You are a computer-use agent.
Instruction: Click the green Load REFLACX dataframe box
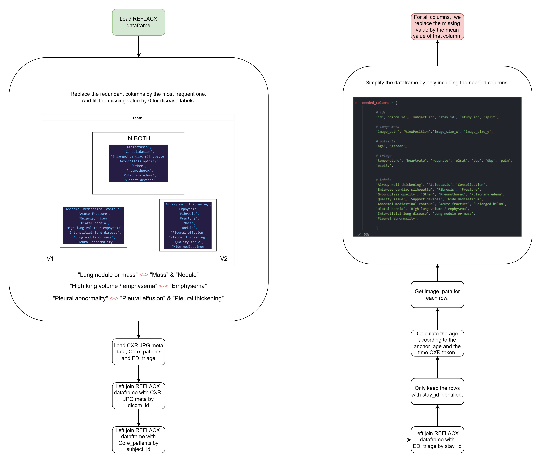point(138,22)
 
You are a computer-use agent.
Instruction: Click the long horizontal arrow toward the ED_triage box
point(287,440)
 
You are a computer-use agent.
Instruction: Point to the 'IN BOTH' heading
point(138,138)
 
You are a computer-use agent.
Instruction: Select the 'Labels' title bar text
point(138,118)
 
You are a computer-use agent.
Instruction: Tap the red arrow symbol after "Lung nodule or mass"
point(144,275)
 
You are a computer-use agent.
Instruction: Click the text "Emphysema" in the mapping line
point(188,286)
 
